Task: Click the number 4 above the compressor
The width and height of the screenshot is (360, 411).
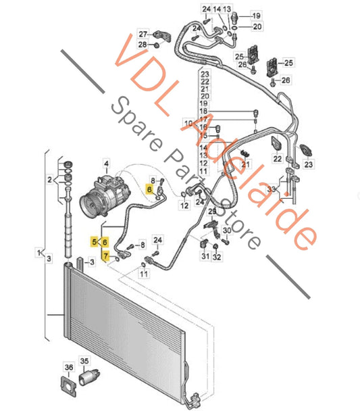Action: [x=105, y=163]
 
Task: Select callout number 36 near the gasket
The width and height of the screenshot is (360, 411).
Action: [x=68, y=367]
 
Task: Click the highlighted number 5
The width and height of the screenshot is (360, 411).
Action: [x=95, y=241]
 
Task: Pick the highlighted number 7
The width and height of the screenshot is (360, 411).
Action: [x=105, y=255]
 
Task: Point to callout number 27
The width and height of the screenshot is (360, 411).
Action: [x=142, y=34]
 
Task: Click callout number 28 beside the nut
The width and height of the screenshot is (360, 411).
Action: [x=142, y=45]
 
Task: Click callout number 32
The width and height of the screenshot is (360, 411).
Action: [x=216, y=258]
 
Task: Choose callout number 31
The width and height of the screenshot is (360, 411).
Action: [x=204, y=258]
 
